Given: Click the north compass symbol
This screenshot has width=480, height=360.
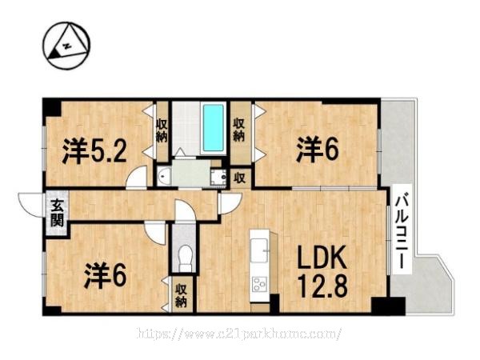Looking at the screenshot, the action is coord(67,46).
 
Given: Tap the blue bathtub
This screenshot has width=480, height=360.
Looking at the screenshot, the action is coord(214,128).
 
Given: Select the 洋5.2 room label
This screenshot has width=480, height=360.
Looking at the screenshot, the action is coord(94,151).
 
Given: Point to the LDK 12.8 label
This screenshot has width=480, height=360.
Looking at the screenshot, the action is coord(322,272).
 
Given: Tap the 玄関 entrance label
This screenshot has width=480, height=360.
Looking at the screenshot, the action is coord(58,213).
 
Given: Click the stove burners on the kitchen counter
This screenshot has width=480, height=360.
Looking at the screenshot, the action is coord(259,284).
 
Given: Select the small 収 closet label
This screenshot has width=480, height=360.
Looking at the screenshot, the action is coord(240,178).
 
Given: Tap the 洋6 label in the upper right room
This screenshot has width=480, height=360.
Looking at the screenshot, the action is coord(318,150).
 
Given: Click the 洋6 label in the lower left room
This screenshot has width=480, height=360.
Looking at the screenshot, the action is coord(105,275).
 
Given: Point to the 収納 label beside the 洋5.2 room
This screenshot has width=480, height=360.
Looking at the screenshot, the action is coord(162,130).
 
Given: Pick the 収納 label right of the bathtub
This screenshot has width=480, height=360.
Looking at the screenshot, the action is coord(239,130).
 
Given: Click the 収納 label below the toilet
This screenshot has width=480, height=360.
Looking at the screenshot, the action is coord(182,296).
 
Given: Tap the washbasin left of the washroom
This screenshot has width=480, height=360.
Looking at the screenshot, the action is coord(165,177).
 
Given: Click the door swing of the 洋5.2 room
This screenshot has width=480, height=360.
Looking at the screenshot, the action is coord(137,178).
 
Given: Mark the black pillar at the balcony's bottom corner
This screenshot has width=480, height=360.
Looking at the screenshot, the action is coord(389,306).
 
